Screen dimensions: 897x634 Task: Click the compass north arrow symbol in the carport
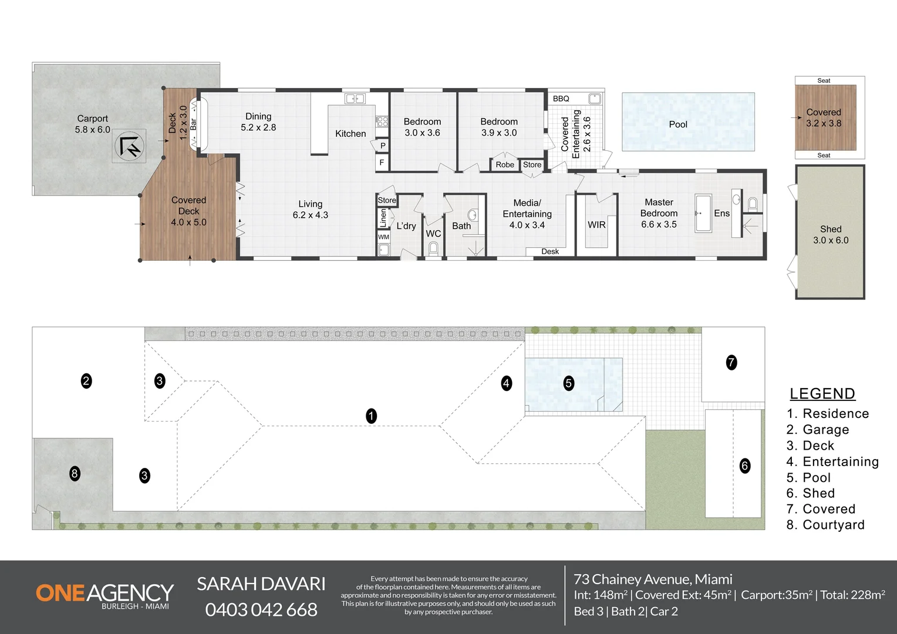[x=129, y=146]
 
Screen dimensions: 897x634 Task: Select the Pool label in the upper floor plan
[x=678, y=124]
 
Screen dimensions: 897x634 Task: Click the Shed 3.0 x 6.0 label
[x=831, y=235]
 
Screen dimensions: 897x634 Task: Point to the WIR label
[x=596, y=225]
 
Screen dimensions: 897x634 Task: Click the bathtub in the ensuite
[x=703, y=213]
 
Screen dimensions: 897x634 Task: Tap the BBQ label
[x=561, y=99]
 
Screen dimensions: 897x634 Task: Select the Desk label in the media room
[x=550, y=251]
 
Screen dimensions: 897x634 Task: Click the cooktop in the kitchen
[x=382, y=122]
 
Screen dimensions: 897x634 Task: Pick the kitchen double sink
[x=355, y=99]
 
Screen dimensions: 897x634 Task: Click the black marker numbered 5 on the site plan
[x=569, y=383]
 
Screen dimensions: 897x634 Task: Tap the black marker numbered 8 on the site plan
[x=75, y=474]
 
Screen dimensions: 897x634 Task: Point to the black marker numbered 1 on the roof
[x=371, y=416]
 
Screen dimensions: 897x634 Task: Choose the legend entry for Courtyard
[x=825, y=525]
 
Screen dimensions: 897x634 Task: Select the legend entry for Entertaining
[x=832, y=461]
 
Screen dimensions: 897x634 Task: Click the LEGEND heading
[x=822, y=394]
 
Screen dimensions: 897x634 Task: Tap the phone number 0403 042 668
[x=261, y=609]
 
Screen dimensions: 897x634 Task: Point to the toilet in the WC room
[x=433, y=249]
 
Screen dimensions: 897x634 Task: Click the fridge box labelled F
[x=382, y=163]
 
